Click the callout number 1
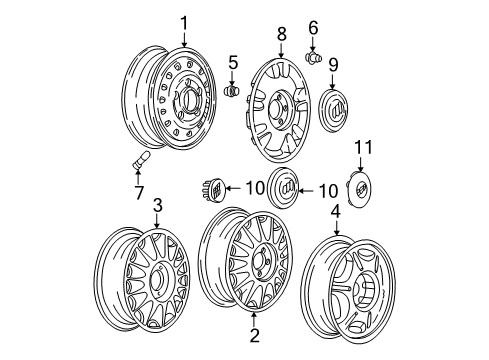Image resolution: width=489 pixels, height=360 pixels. pos(183,21)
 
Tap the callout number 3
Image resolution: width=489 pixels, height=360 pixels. pos(156,206)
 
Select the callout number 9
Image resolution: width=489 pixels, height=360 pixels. pos(333,64)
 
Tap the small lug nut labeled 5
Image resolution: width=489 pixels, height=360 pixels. pos(233,92)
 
